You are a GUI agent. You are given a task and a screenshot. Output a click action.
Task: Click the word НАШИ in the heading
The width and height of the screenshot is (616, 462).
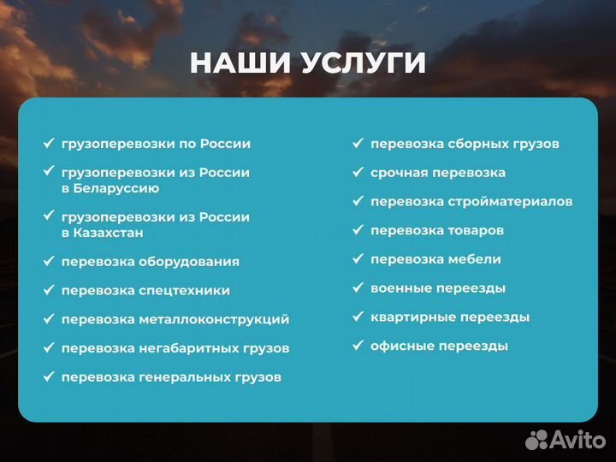(x=241, y=63)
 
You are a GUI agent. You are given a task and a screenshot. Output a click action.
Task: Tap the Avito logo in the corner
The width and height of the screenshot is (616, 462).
(x=564, y=439)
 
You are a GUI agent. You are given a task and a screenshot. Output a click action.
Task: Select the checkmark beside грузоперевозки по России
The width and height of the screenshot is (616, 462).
(x=49, y=144)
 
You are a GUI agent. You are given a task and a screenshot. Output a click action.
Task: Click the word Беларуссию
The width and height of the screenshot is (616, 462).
(x=116, y=188)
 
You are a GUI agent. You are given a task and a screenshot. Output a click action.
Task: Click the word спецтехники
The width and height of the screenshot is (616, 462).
(x=184, y=291)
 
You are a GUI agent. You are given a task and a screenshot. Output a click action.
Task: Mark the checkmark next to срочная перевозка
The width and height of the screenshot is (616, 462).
(x=358, y=173)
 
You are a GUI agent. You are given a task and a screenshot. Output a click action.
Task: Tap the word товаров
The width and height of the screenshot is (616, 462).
(x=476, y=231)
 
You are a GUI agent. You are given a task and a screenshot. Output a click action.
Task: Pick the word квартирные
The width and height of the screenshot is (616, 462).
(x=413, y=317)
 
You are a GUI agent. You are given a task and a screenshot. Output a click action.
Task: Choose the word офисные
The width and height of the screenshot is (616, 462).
(x=401, y=346)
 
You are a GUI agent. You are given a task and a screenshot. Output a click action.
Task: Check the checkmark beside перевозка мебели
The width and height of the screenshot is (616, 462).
(x=358, y=259)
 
